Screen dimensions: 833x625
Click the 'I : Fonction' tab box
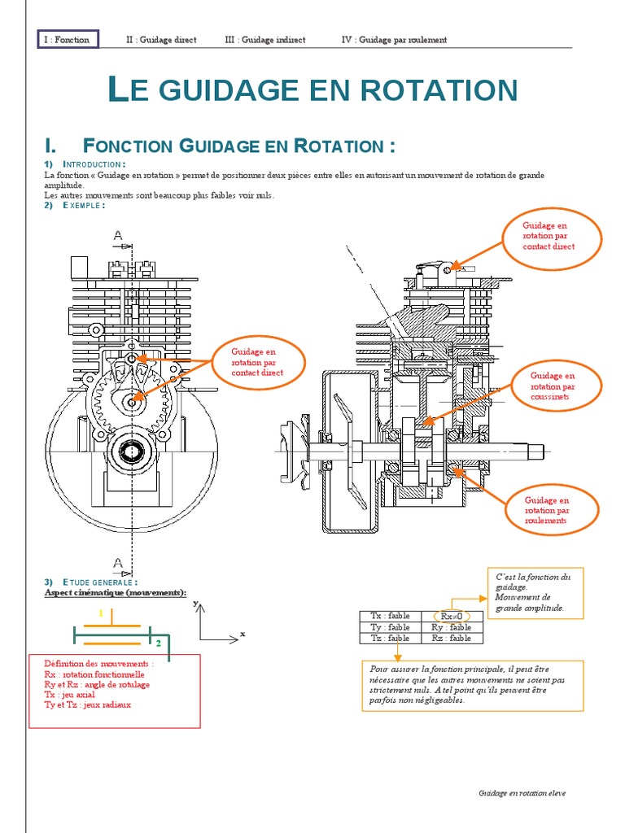pos(68,39)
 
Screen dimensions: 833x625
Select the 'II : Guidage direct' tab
pos(161,39)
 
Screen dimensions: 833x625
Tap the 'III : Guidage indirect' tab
pos(264,39)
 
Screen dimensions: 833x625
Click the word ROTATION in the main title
pos(432,90)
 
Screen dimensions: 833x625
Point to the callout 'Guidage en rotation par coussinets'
pos(553,386)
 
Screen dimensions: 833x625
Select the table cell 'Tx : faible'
pos(390,616)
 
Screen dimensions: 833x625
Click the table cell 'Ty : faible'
pos(390,627)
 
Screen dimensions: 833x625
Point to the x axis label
pos(243,633)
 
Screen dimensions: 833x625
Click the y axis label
pos(195,604)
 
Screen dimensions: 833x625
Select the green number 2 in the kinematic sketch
pos(158,643)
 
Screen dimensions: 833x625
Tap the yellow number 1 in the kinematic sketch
pos(101,613)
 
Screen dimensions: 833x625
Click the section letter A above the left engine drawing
pos(118,236)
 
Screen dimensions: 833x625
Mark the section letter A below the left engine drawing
pos(118,563)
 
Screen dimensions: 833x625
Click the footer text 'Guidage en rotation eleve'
pos(522,793)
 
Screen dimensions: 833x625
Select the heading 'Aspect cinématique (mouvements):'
pos(114,592)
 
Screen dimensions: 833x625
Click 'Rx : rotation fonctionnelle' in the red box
pos(94,674)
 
